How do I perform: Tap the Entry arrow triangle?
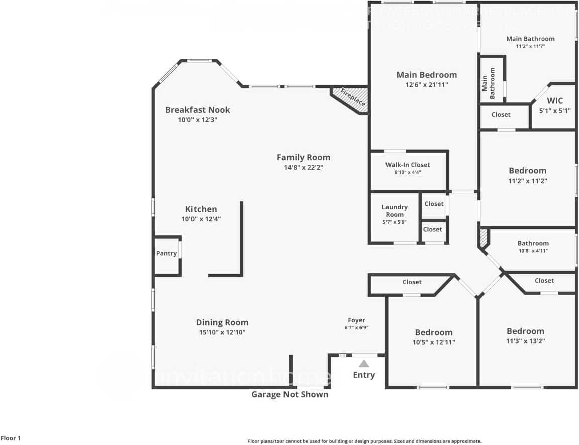364,364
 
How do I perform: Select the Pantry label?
166,253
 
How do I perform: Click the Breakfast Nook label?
198,110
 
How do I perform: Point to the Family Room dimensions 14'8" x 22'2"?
304,167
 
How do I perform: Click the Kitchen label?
201,209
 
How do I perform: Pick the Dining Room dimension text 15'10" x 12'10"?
222,332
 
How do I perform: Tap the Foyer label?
356,320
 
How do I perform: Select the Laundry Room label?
395,210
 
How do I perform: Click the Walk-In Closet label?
408,165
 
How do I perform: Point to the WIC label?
555,101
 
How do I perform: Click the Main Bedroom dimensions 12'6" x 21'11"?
427,85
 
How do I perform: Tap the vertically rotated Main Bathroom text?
489,83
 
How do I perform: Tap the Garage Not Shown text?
289,395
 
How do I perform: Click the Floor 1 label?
11,438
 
